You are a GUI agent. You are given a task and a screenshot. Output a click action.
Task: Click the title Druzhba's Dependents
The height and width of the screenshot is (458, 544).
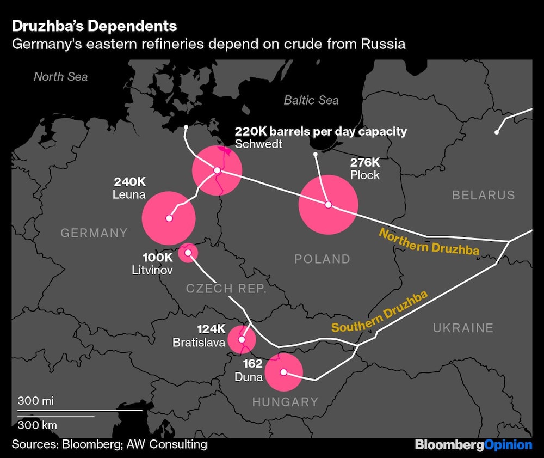click(x=94, y=26)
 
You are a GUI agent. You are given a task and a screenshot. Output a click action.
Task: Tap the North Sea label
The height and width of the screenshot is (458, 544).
click(x=60, y=76)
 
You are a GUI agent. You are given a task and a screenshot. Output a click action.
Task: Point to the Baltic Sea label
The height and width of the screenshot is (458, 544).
click(x=311, y=100)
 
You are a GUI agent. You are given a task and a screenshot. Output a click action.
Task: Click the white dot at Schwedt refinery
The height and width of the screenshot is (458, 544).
click(x=217, y=170)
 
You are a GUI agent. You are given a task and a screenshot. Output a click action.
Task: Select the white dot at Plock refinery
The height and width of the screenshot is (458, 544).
click(x=328, y=205)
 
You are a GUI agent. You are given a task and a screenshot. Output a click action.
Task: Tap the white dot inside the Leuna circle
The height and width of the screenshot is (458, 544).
click(x=169, y=218)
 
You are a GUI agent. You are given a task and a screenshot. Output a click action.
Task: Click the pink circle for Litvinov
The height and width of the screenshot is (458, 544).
click(x=188, y=252)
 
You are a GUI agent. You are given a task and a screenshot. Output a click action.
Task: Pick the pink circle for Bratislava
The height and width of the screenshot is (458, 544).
click(x=242, y=340)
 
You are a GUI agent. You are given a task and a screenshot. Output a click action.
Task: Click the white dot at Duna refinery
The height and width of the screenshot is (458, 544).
click(x=283, y=372)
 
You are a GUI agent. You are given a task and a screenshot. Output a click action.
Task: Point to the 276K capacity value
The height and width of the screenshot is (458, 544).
click(x=364, y=162)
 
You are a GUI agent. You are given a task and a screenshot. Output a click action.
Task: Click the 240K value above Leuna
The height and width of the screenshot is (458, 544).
click(x=129, y=181)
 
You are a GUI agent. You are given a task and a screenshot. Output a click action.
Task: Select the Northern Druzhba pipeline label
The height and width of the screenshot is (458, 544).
click(x=429, y=241)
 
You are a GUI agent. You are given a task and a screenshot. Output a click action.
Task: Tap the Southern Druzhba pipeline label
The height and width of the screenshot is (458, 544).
click(x=380, y=313)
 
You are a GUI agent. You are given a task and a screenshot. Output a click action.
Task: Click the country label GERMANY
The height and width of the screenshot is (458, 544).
click(x=94, y=233)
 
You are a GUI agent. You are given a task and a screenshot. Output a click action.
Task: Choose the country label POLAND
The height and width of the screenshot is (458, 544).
click(x=322, y=259)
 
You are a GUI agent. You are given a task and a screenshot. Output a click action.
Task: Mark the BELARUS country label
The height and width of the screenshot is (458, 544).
click(x=483, y=195)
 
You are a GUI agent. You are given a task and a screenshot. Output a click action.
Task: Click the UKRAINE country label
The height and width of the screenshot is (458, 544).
click(x=463, y=327)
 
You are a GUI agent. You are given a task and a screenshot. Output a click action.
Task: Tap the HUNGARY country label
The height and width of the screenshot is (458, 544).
click(x=285, y=402)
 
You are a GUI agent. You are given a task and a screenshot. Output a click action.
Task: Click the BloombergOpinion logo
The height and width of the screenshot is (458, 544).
click(x=473, y=444)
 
